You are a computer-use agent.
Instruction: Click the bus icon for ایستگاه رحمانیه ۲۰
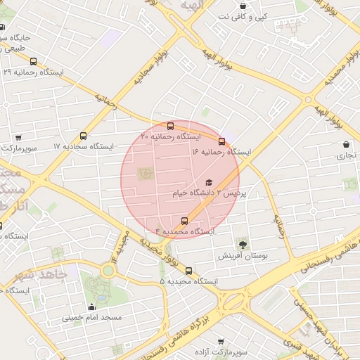click(x=171, y=127)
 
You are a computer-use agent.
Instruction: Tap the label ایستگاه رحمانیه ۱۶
click(x=221, y=151)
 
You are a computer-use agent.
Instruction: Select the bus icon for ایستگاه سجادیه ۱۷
click(x=84, y=136)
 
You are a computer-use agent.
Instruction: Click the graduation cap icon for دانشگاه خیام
click(x=207, y=183)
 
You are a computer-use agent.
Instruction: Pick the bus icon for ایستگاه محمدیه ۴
click(x=185, y=221)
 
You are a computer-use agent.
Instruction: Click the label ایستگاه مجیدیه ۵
click(x=188, y=281)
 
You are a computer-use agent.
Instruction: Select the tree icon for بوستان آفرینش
click(x=243, y=245)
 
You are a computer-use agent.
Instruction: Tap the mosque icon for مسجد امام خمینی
click(x=91, y=307)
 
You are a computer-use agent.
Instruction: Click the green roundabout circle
click(x=108, y=269)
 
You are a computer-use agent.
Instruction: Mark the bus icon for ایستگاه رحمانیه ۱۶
click(x=222, y=141)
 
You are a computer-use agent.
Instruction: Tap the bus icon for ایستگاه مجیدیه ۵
click(x=188, y=270)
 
